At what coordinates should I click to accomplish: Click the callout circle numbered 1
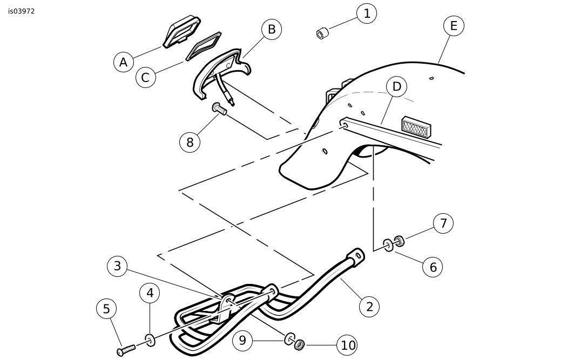coord(367,13)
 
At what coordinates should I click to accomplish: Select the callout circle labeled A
coord(124,63)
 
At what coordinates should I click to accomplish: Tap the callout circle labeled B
coord(272,29)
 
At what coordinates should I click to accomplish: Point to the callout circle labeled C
coord(145,77)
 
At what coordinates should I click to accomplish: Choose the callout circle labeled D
coord(397,86)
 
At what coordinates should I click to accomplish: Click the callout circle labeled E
coord(454,25)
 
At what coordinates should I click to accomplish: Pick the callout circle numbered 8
coord(190,141)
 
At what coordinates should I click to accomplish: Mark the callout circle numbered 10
coord(348,345)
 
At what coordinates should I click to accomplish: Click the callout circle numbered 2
coord(369,307)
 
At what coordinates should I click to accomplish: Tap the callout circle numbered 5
coord(106,309)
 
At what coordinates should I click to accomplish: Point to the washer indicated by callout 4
coord(149,339)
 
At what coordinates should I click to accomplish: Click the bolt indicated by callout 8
coord(219,108)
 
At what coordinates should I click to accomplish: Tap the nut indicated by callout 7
coord(399,241)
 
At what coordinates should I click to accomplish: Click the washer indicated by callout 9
coord(289,338)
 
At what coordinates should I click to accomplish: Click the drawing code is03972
coord(22,11)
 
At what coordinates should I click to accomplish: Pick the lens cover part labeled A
coord(181,32)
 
